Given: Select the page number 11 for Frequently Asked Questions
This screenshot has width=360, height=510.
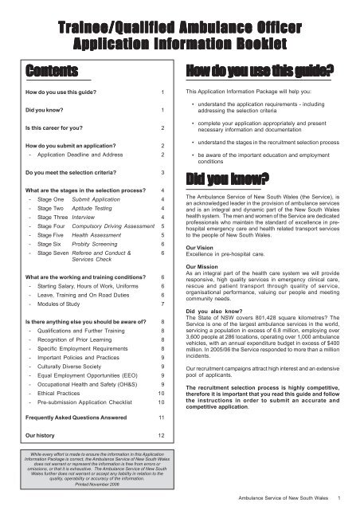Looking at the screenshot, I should pyautogui.click(x=162, y=416).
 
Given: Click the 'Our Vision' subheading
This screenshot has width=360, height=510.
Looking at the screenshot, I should pyautogui.click(x=202, y=248).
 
